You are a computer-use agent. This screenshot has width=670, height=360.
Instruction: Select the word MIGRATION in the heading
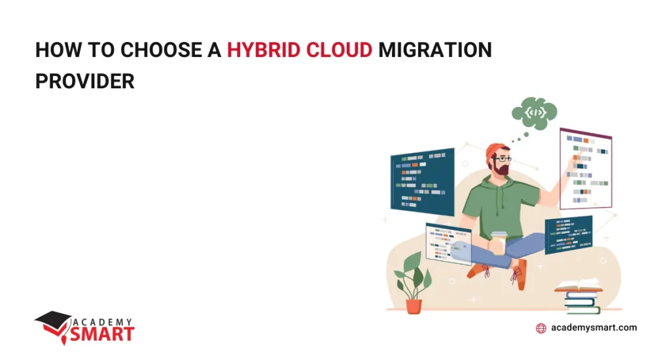436,50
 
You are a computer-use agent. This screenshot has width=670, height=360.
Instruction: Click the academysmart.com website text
594,327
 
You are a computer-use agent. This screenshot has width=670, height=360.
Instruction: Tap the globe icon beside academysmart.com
541,328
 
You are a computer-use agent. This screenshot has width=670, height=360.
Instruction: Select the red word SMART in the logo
105,333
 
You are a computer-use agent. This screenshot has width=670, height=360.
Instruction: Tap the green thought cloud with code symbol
535,113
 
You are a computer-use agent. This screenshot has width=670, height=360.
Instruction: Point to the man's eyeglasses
502,158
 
